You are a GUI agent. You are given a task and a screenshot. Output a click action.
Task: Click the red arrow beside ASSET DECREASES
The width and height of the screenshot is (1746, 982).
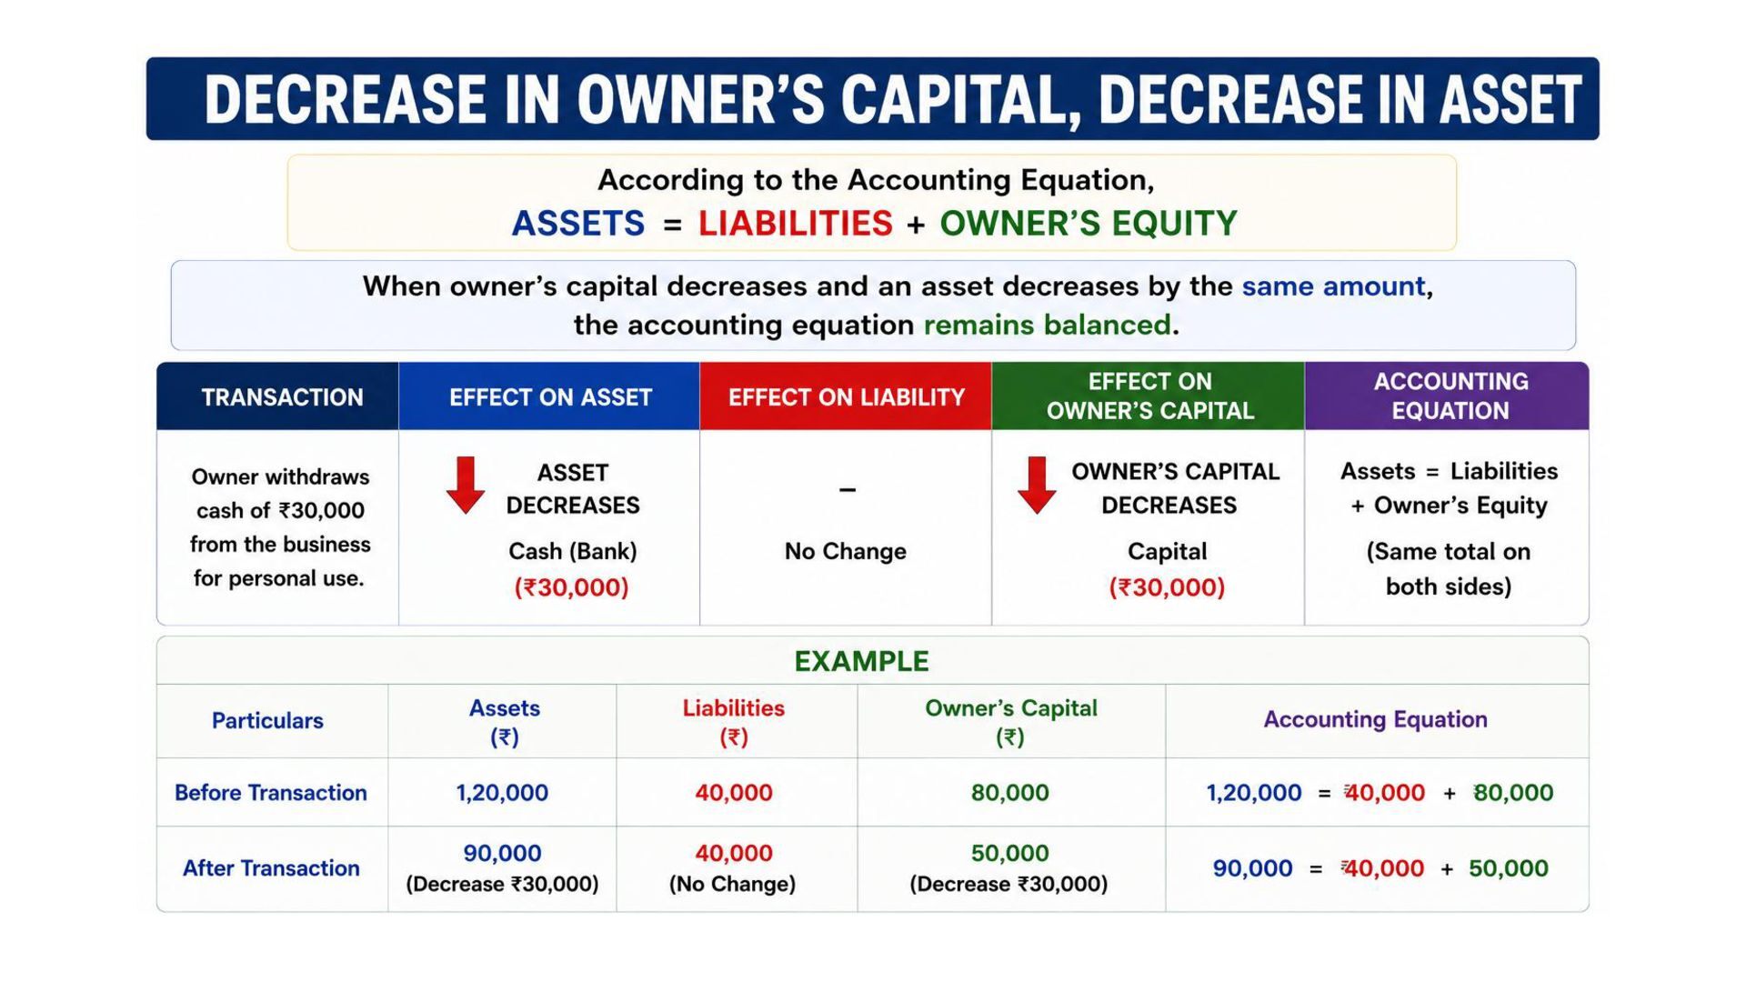(466, 486)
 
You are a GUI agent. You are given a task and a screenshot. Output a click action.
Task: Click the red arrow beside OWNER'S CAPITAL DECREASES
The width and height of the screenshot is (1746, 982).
(1037, 486)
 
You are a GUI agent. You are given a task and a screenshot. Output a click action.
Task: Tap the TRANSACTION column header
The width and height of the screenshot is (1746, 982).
(282, 397)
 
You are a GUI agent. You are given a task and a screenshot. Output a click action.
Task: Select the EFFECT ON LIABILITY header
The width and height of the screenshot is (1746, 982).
(846, 397)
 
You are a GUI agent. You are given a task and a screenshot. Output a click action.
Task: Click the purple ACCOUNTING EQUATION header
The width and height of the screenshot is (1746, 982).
(1450, 396)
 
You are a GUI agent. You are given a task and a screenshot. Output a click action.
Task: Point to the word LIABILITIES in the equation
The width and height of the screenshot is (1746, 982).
(795, 224)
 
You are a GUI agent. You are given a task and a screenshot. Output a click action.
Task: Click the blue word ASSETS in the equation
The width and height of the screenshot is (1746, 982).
(578, 224)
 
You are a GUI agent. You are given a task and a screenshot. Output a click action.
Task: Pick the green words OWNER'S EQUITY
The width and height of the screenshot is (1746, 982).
(1089, 224)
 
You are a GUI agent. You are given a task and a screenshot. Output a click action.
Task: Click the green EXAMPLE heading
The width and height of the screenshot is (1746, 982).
(861, 661)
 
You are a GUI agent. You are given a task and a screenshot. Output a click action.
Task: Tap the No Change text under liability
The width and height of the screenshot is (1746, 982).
(846, 551)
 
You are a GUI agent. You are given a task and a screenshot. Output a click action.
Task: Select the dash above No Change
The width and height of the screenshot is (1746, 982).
(848, 490)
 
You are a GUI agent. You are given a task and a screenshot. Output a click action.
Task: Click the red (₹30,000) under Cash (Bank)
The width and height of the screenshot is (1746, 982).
(572, 587)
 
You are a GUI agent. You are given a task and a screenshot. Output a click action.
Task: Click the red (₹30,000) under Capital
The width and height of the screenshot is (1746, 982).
(1167, 587)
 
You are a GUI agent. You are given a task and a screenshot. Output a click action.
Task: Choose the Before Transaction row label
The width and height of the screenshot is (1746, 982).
(271, 793)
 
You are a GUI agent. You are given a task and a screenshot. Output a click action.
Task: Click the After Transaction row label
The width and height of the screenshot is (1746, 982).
(271, 868)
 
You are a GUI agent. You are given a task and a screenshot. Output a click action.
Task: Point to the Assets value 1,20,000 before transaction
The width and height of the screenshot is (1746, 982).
(502, 793)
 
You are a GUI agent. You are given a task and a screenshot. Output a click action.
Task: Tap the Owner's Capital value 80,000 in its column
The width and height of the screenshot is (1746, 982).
(1009, 793)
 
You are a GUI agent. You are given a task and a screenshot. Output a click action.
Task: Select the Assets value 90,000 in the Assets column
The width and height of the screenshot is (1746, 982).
(502, 853)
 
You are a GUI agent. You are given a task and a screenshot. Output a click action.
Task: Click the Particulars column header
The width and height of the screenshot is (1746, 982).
(267, 720)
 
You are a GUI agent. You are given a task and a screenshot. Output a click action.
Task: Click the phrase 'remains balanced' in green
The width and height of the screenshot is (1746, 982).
(1048, 325)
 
